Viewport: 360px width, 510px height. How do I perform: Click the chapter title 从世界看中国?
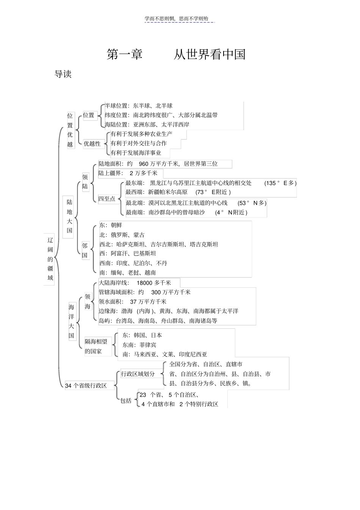[x=209, y=55]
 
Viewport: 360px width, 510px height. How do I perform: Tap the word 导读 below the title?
[x=63, y=74]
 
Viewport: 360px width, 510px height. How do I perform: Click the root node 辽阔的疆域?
[x=50, y=259]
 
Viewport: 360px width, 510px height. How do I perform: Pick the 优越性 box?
[x=92, y=144]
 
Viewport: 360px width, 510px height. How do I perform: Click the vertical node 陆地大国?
[x=69, y=217]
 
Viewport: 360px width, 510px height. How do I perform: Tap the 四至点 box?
[x=107, y=199]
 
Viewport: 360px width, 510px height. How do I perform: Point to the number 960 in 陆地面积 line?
[x=144, y=164]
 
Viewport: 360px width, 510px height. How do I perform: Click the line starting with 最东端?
[x=211, y=183]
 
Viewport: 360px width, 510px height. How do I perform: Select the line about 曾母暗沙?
[x=186, y=212]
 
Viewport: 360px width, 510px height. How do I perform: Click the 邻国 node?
[x=85, y=250]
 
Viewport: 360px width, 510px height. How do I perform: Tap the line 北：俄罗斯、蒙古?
[x=122, y=235]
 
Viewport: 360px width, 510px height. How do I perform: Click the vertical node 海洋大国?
[x=72, y=322]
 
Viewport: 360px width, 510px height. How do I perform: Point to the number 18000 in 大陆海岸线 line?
[x=144, y=283]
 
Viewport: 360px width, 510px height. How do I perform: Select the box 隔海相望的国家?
[x=96, y=346]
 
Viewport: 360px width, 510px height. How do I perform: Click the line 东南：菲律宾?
[x=139, y=345]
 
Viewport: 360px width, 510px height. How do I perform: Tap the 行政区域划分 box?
[x=138, y=374]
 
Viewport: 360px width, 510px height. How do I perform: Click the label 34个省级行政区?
[x=86, y=386]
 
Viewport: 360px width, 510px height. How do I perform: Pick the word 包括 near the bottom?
[x=126, y=400]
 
